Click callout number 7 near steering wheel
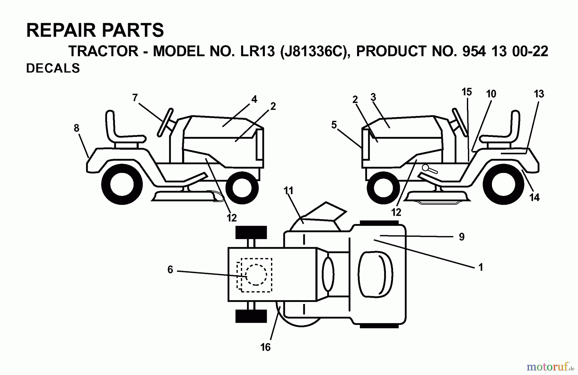click(x=135, y=97)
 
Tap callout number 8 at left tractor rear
click(x=76, y=128)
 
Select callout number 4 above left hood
click(x=254, y=99)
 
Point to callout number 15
click(x=467, y=92)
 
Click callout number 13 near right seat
click(x=539, y=94)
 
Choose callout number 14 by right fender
click(x=534, y=197)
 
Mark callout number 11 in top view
click(x=288, y=191)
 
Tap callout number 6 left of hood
click(x=170, y=270)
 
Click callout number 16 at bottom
click(x=266, y=347)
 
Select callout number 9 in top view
click(x=461, y=237)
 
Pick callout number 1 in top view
click(x=481, y=267)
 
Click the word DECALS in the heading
click(x=53, y=68)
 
